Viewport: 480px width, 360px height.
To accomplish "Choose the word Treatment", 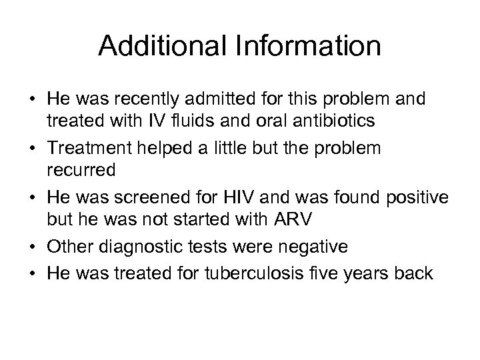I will click(x=88, y=147).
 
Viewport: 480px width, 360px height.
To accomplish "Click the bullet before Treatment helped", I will click(x=33, y=147).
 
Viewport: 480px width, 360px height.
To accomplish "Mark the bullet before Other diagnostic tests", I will click(x=33, y=246).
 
